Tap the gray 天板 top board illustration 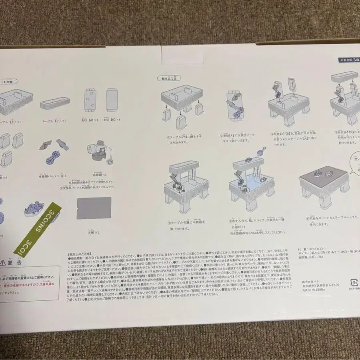pyautogui.click(x=94, y=208)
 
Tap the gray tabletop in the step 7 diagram pyautogui.click(x=324, y=176)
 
